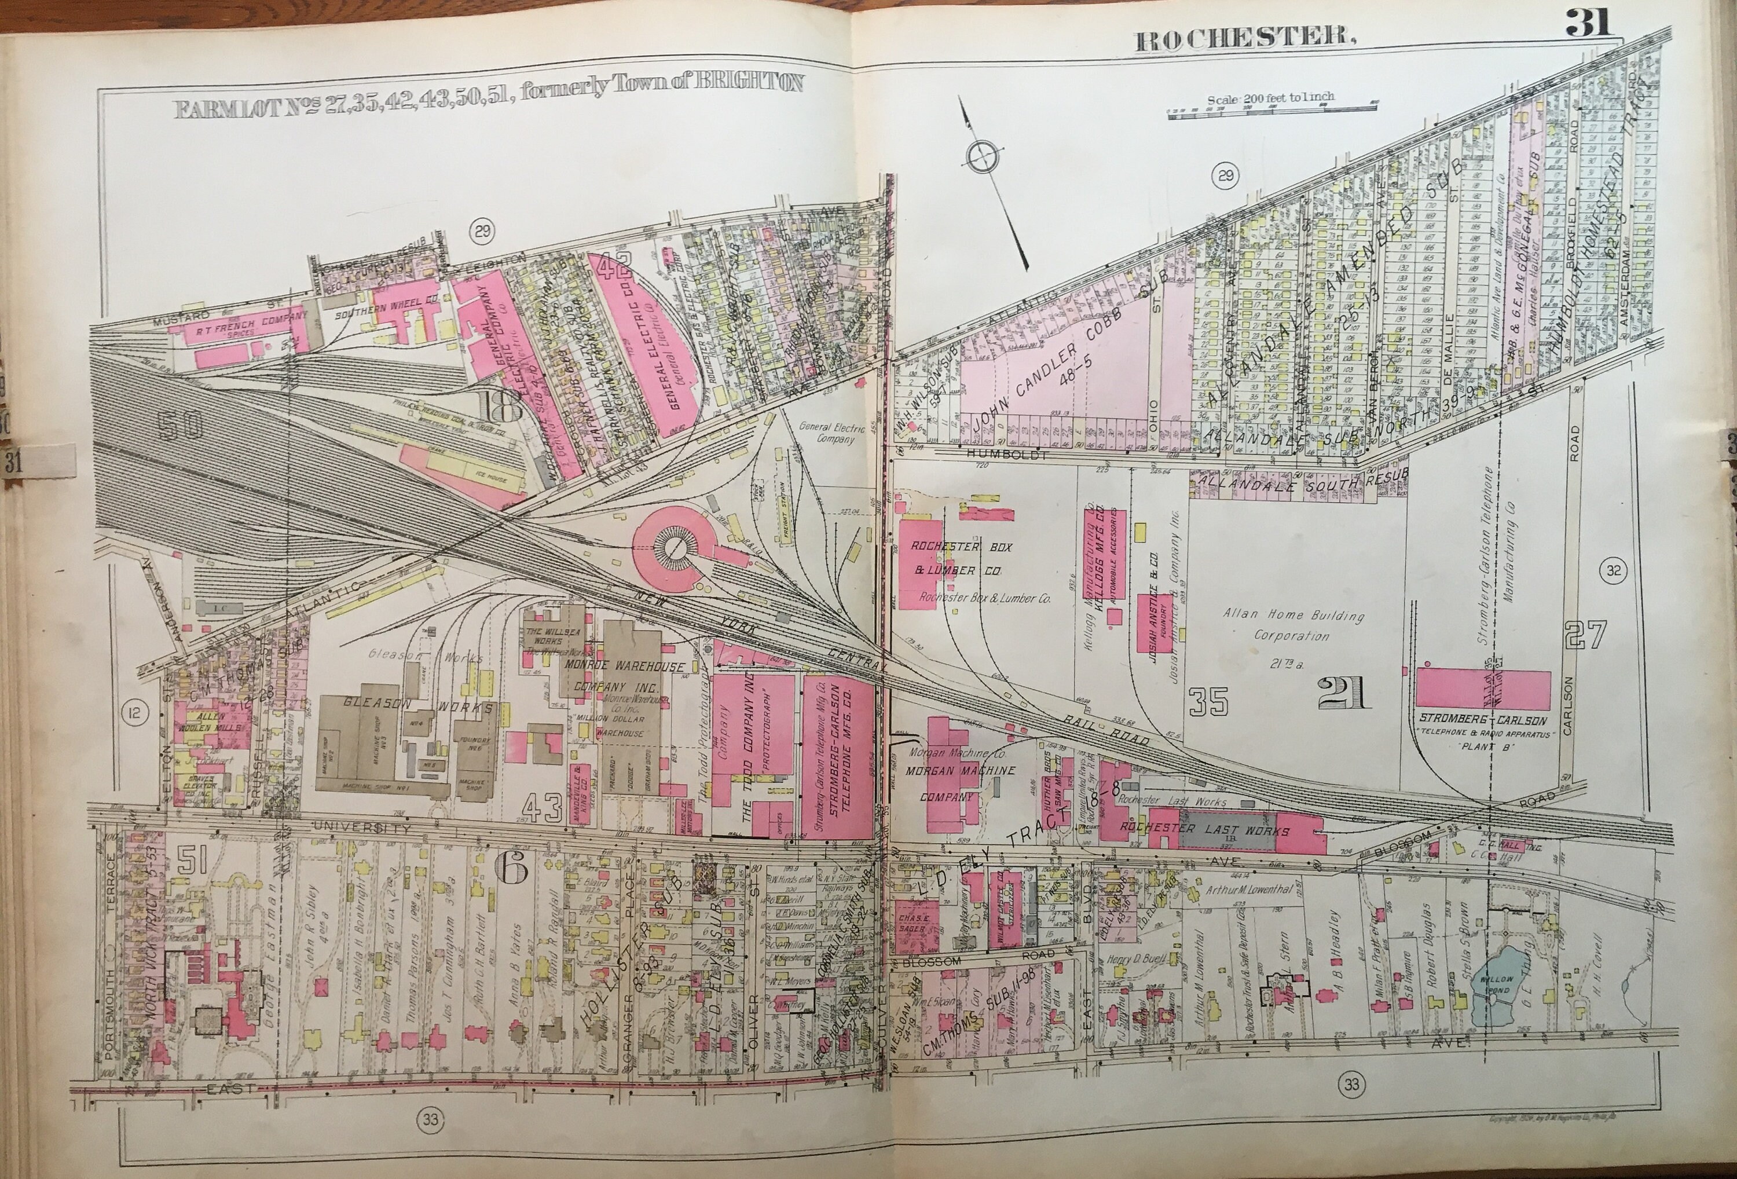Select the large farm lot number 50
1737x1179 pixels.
coord(181,426)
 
